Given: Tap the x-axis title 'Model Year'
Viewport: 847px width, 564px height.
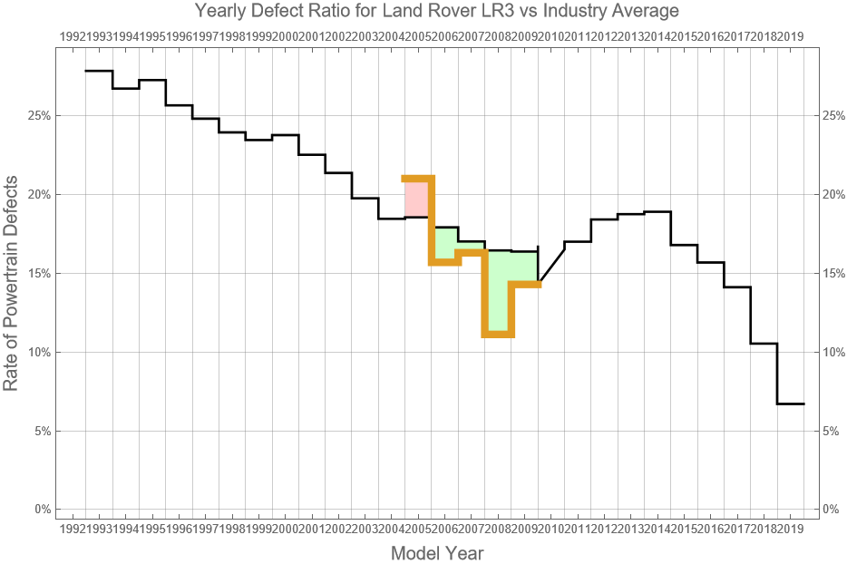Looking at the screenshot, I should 436,553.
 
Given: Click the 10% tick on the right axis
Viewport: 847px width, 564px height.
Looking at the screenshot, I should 834,352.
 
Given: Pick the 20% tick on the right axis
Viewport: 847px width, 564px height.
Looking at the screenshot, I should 834,195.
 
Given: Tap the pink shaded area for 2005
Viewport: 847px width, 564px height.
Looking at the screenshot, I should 416,198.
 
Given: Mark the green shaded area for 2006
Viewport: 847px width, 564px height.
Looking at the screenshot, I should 444,243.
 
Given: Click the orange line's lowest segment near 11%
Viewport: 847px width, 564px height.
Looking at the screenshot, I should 498,335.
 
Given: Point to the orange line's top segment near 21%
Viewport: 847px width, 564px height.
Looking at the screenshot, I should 417,179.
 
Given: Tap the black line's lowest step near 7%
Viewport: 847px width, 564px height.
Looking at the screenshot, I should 791,404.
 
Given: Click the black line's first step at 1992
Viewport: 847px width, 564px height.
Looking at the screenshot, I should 99,71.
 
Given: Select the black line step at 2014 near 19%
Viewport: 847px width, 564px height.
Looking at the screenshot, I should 657,211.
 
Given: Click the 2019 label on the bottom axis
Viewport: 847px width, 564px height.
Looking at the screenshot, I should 791,528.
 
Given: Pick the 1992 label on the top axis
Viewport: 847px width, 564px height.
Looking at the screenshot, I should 73,36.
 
